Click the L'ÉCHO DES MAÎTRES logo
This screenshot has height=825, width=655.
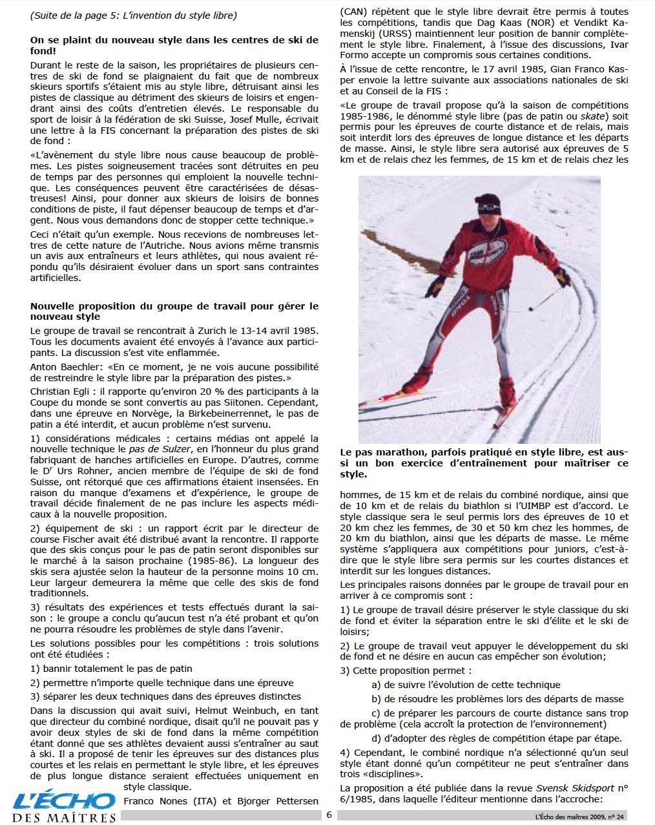point(63,807)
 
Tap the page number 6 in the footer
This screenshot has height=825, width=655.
point(329,815)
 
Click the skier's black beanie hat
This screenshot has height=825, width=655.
point(488,205)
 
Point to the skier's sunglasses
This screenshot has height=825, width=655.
point(489,209)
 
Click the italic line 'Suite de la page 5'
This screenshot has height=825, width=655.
point(133,15)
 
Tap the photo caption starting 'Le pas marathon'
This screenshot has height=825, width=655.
point(484,463)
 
